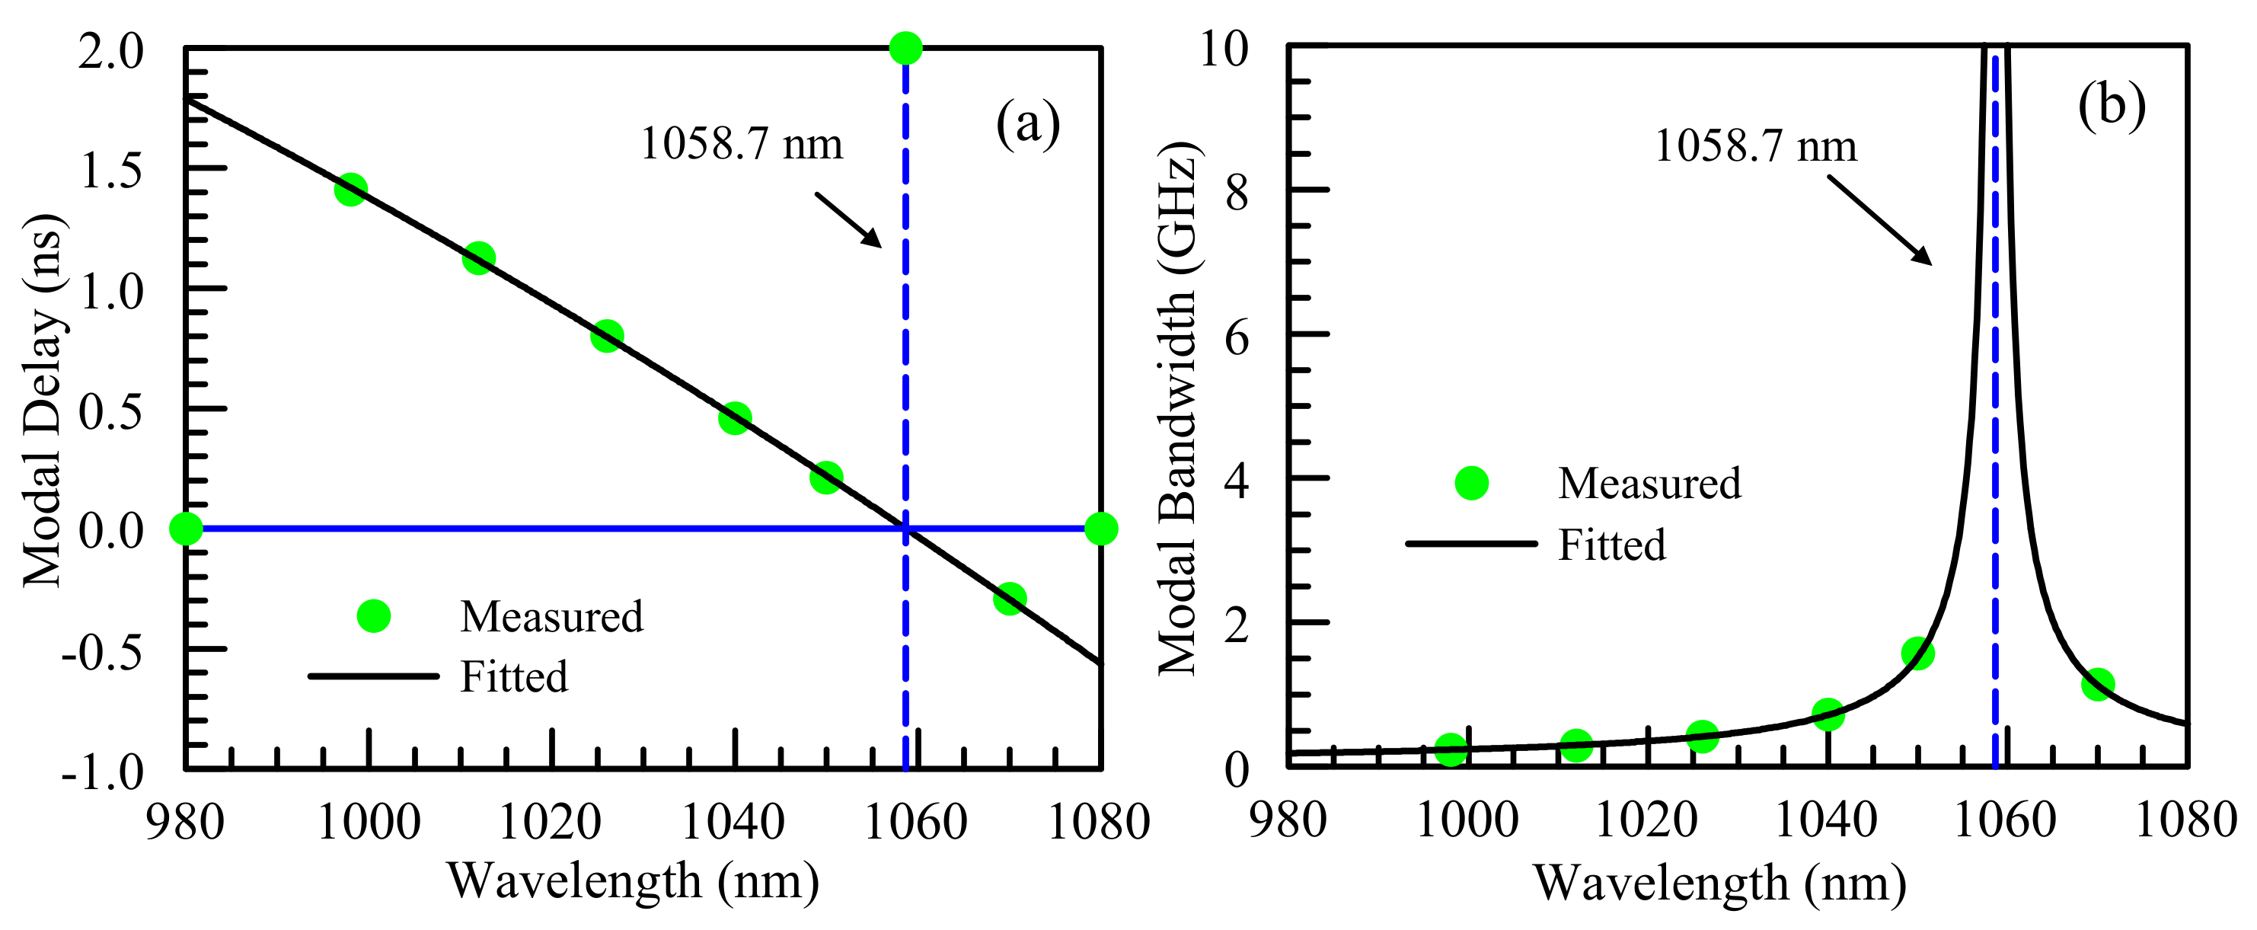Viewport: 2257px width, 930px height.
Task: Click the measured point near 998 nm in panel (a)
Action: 350,190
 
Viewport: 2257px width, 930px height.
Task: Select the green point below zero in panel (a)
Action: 1010,599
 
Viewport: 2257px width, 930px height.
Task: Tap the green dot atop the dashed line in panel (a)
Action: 905,47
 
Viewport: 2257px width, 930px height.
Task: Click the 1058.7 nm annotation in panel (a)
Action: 741,144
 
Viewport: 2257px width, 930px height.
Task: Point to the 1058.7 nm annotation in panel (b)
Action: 1755,145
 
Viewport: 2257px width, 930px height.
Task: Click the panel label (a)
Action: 1028,123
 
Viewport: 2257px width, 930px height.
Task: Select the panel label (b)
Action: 2112,106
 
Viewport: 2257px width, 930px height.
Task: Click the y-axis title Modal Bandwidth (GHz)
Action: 1176,407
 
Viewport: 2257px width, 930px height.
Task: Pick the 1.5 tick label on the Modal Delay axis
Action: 111,170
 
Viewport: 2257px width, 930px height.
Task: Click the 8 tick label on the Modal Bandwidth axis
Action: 1237,192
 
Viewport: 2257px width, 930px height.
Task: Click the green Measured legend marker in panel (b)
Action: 1471,483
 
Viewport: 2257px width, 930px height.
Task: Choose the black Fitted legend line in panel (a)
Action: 373,676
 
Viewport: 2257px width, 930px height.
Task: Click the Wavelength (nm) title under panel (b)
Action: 1719,883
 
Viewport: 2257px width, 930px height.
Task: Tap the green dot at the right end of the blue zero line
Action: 1100,529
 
